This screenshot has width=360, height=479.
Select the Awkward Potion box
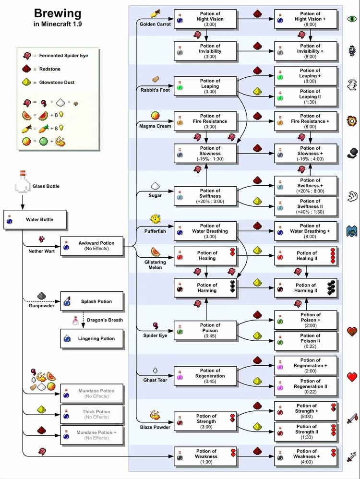[92, 246]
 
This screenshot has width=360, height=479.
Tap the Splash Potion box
[92, 301]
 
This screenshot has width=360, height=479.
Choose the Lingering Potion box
[92, 338]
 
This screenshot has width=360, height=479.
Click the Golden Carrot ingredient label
[155, 24]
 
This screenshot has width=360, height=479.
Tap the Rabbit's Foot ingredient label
[155, 90]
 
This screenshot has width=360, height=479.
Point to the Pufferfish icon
[155, 220]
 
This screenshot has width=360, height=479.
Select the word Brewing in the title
[58, 13]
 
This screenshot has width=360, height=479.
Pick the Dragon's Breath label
[105, 320]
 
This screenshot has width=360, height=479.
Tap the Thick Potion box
[92, 414]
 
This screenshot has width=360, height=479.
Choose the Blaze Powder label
[155, 427]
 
